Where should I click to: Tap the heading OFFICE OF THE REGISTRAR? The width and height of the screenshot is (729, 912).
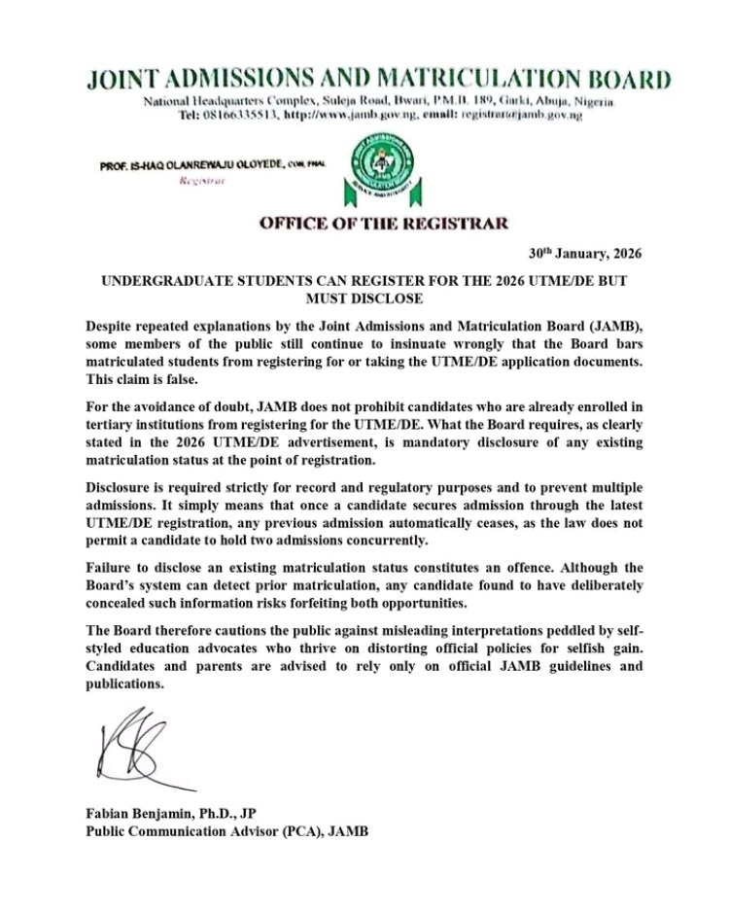[383, 224]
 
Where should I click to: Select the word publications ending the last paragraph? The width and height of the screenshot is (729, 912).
[125, 684]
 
